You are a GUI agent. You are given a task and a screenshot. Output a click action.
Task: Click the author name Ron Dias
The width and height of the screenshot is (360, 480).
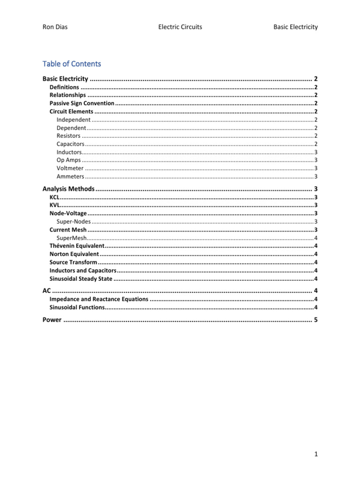(x=54, y=27)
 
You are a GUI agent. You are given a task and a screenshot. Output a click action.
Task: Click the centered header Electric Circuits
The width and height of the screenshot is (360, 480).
(x=180, y=27)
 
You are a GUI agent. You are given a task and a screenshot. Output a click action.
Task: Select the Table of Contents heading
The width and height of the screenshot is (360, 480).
(x=71, y=64)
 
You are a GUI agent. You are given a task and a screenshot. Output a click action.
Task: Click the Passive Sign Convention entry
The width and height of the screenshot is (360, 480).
(x=82, y=103)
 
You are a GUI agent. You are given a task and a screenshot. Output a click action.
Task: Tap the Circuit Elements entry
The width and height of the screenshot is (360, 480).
(x=71, y=112)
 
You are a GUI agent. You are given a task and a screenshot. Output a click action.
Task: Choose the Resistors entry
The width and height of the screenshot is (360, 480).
(x=68, y=136)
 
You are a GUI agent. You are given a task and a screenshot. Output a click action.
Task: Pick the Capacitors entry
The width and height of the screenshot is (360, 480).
(x=70, y=144)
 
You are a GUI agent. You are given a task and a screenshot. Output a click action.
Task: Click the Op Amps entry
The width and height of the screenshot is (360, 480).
(x=68, y=160)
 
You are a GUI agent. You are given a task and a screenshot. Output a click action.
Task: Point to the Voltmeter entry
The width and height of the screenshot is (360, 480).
(x=70, y=168)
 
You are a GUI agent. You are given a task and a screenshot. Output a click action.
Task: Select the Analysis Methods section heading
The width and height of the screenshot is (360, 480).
(x=68, y=189)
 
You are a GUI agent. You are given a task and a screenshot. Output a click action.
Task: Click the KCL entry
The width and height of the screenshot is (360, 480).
(x=54, y=197)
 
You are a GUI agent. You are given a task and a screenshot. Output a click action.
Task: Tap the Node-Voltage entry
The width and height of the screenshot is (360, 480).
(x=68, y=214)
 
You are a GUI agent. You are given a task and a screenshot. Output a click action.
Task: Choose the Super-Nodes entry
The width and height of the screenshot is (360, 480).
(x=74, y=222)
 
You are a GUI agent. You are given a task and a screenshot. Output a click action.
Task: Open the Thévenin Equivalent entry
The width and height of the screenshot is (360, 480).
(x=77, y=246)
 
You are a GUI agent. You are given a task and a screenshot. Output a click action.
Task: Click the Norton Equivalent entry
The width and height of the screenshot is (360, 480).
(x=74, y=254)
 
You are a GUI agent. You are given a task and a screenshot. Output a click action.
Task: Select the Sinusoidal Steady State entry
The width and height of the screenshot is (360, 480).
(x=81, y=279)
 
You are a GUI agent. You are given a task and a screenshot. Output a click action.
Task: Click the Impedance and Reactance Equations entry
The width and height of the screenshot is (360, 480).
(x=99, y=299)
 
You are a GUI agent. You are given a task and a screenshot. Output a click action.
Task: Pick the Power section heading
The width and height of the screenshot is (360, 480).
(x=52, y=320)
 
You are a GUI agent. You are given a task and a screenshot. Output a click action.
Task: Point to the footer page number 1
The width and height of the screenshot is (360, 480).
(x=316, y=454)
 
